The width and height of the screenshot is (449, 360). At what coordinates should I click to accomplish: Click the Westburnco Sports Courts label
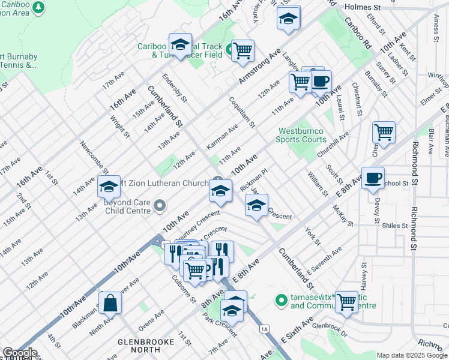coord(300,135)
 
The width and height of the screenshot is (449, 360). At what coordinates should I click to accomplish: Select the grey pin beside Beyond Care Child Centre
coord(160,206)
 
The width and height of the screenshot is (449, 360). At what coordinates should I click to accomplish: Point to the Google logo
coord(19,353)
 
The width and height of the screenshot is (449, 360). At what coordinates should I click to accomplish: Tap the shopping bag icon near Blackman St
coord(110,304)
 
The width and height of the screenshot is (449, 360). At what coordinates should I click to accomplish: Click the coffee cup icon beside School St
coord(373,178)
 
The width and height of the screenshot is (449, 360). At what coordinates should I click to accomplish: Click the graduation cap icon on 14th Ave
coord(109,187)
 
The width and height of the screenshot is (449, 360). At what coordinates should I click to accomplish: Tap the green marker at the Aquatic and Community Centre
coord(280,299)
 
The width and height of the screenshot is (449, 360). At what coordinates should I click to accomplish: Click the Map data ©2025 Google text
coord(411,355)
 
